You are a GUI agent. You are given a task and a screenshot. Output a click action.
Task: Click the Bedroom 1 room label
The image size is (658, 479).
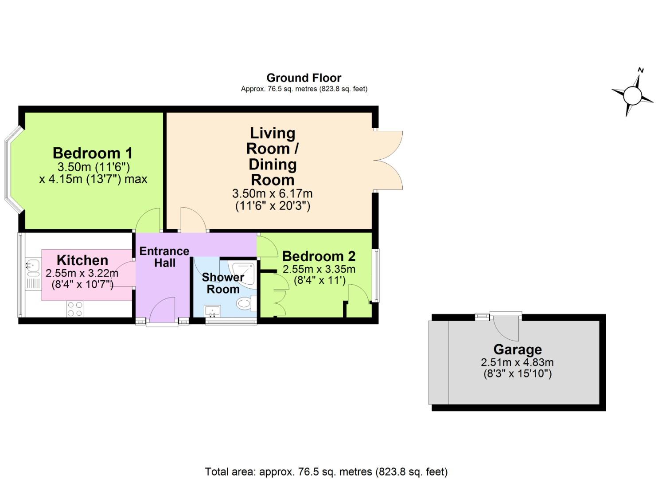(x=93, y=153)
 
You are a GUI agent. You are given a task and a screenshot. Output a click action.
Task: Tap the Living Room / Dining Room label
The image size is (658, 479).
(x=273, y=156)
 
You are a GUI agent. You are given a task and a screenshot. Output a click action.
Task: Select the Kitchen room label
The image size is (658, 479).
(x=82, y=260)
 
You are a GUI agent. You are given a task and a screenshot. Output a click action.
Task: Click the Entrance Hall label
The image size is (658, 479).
(x=164, y=257)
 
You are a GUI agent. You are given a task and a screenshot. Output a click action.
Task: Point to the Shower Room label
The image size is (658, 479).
(x=223, y=283)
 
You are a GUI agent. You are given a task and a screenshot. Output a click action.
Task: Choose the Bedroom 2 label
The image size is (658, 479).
(x=319, y=256)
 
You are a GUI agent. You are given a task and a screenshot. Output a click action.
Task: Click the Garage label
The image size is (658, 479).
(x=518, y=349)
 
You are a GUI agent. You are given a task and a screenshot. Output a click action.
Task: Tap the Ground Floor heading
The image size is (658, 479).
(x=304, y=78)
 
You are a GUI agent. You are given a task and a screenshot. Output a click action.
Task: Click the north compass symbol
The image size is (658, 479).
(x=632, y=94)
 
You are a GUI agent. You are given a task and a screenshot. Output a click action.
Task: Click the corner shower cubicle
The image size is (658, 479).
(x=243, y=272)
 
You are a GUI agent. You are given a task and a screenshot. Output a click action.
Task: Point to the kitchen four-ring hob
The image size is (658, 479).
(x=75, y=309)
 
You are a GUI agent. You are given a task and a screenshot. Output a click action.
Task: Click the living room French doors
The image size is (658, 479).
(x=388, y=161)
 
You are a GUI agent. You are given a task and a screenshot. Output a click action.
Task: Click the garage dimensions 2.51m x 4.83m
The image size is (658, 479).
(x=517, y=362)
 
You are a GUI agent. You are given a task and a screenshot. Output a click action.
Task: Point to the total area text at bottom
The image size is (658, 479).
(x=326, y=471)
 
